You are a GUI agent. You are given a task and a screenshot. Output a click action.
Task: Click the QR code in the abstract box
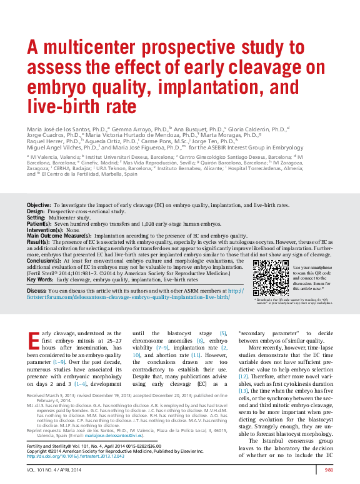pos(269,278)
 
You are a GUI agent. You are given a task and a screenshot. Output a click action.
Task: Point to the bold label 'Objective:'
pos(39,205)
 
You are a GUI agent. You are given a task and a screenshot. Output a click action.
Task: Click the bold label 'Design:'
pos(36,211)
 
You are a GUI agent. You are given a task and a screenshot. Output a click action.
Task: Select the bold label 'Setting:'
pos(36,218)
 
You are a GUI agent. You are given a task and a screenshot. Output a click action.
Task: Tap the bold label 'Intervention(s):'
pos(46,230)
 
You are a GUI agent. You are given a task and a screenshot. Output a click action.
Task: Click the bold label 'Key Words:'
pos(39,280)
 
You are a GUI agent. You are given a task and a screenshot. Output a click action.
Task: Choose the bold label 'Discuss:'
pos(36,291)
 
